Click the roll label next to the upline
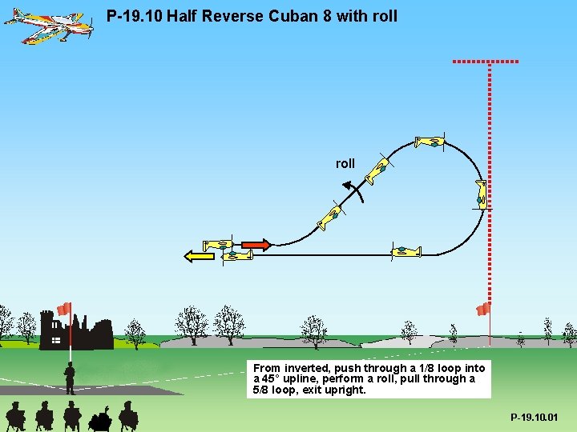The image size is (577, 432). (345, 163)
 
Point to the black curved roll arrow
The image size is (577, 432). (354, 190)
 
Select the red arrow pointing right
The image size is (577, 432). (256, 244)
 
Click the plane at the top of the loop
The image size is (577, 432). (430, 142)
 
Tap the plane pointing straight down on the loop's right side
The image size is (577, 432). (481, 194)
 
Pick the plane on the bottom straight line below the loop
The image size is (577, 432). (406, 251)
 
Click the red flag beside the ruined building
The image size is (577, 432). (64, 309)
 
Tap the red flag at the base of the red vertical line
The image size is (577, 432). (483, 309)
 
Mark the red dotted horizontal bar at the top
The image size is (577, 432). (486, 61)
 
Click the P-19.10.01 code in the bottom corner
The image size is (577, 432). (534, 418)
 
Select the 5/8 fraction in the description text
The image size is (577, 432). (260, 390)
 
